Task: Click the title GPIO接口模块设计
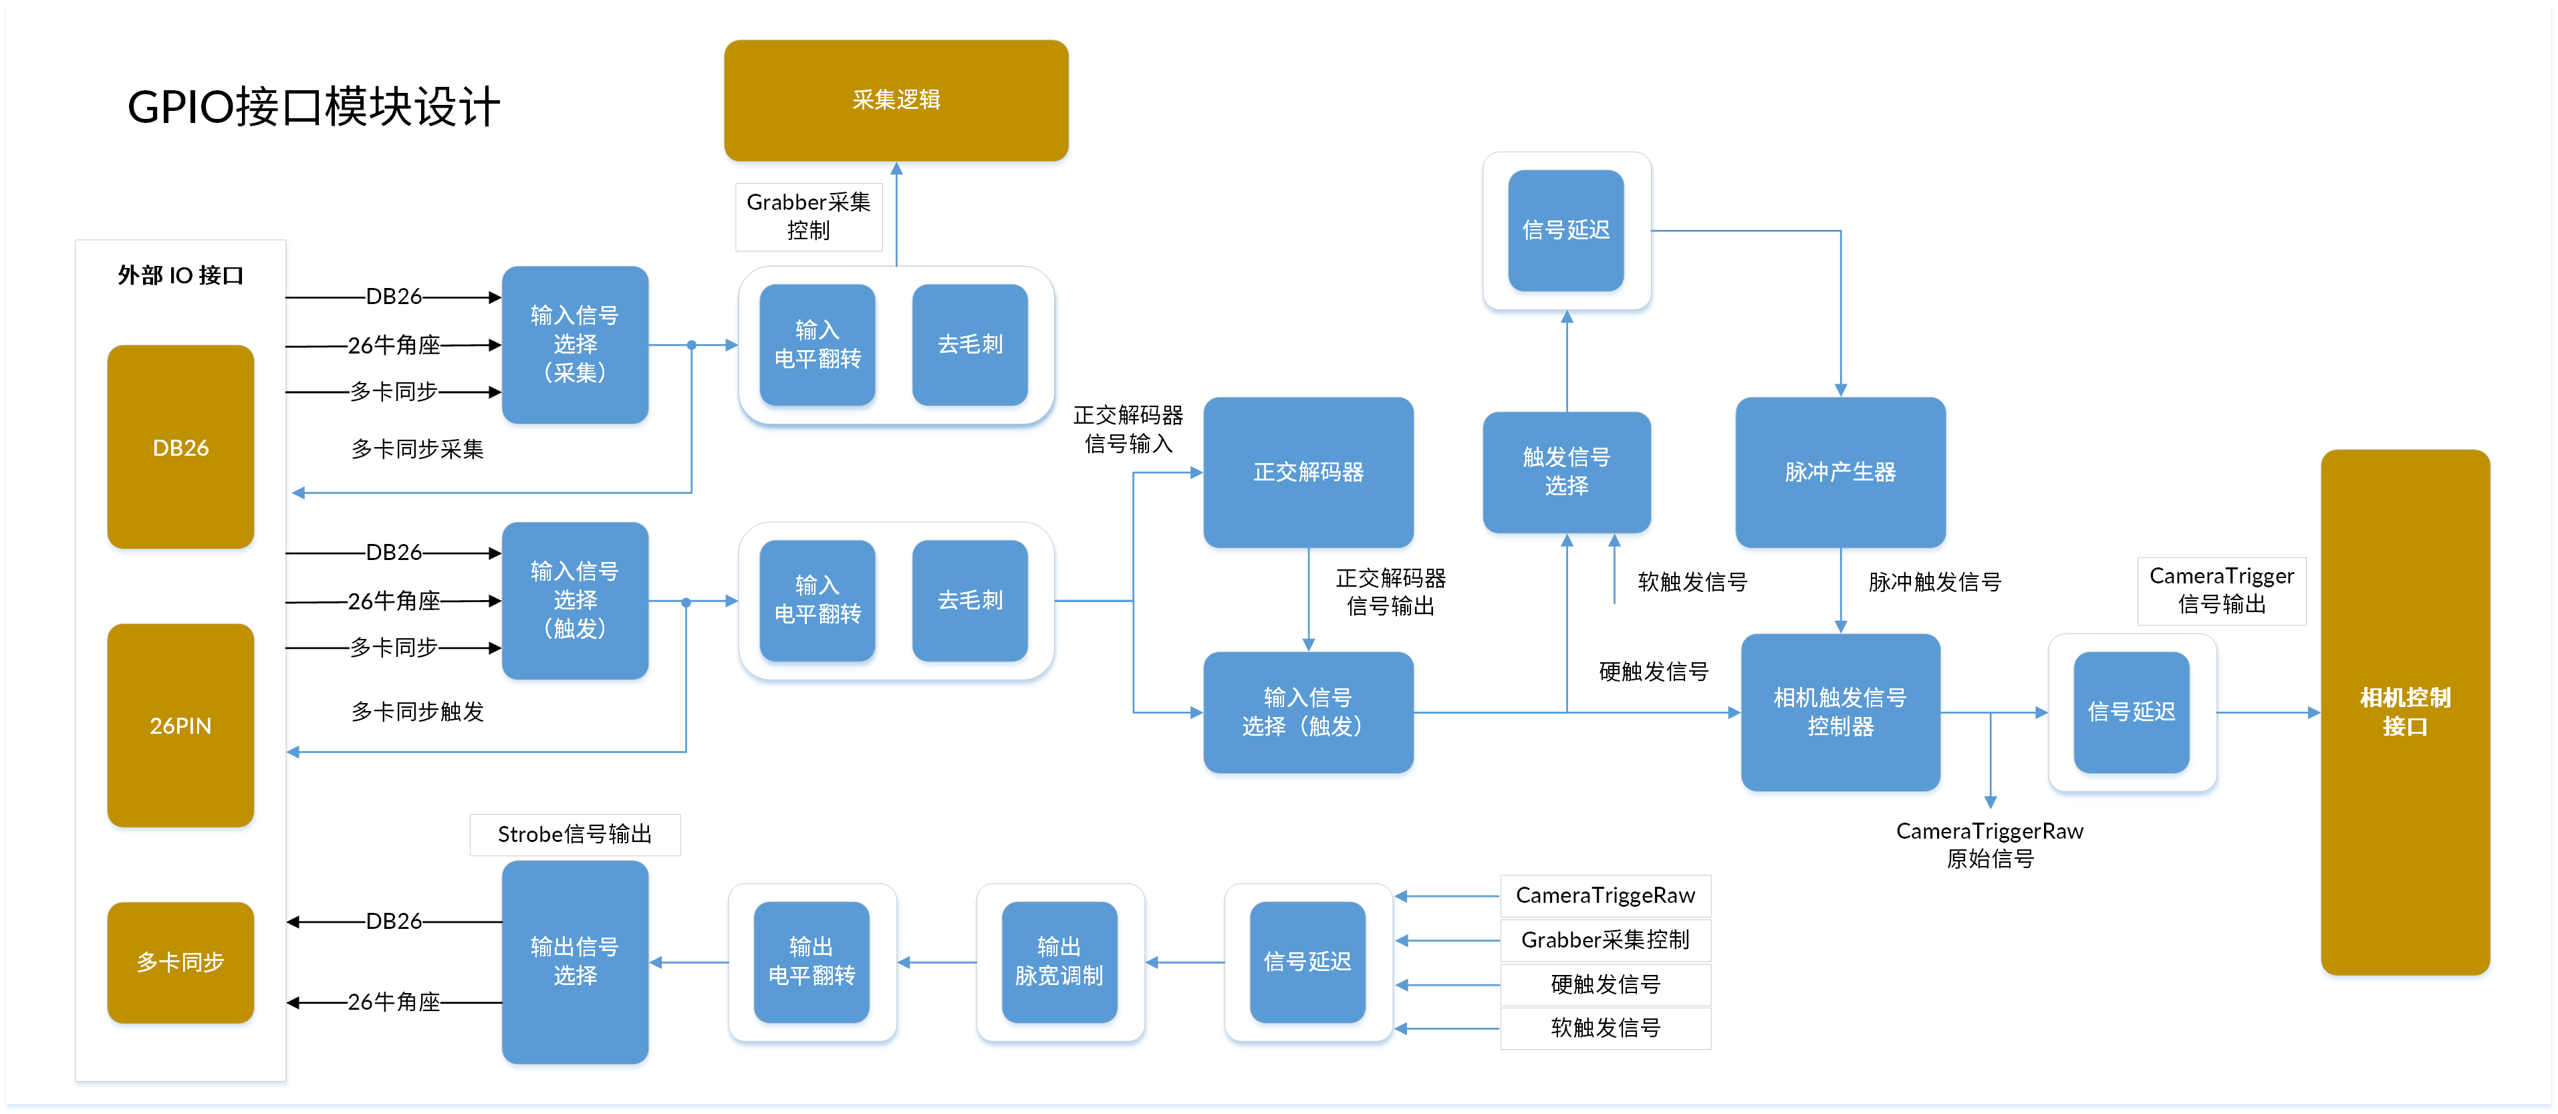(x=313, y=106)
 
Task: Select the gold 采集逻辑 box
(x=896, y=100)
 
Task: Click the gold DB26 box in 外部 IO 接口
(x=180, y=447)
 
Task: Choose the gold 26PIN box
(x=180, y=725)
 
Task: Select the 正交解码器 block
(x=1308, y=472)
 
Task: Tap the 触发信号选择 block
(x=1566, y=472)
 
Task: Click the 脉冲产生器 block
(x=1840, y=472)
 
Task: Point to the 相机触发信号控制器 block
(x=1840, y=712)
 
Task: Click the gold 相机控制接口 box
(x=2404, y=712)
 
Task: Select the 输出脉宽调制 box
(x=1059, y=961)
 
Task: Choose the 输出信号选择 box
(x=575, y=961)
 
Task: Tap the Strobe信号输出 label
(x=575, y=834)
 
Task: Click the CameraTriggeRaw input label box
(x=1605, y=895)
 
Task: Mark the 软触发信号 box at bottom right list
(x=1605, y=1028)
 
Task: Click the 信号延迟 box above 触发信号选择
(x=1566, y=231)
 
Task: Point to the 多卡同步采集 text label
(x=417, y=449)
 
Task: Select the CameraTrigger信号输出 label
(x=2221, y=590)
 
